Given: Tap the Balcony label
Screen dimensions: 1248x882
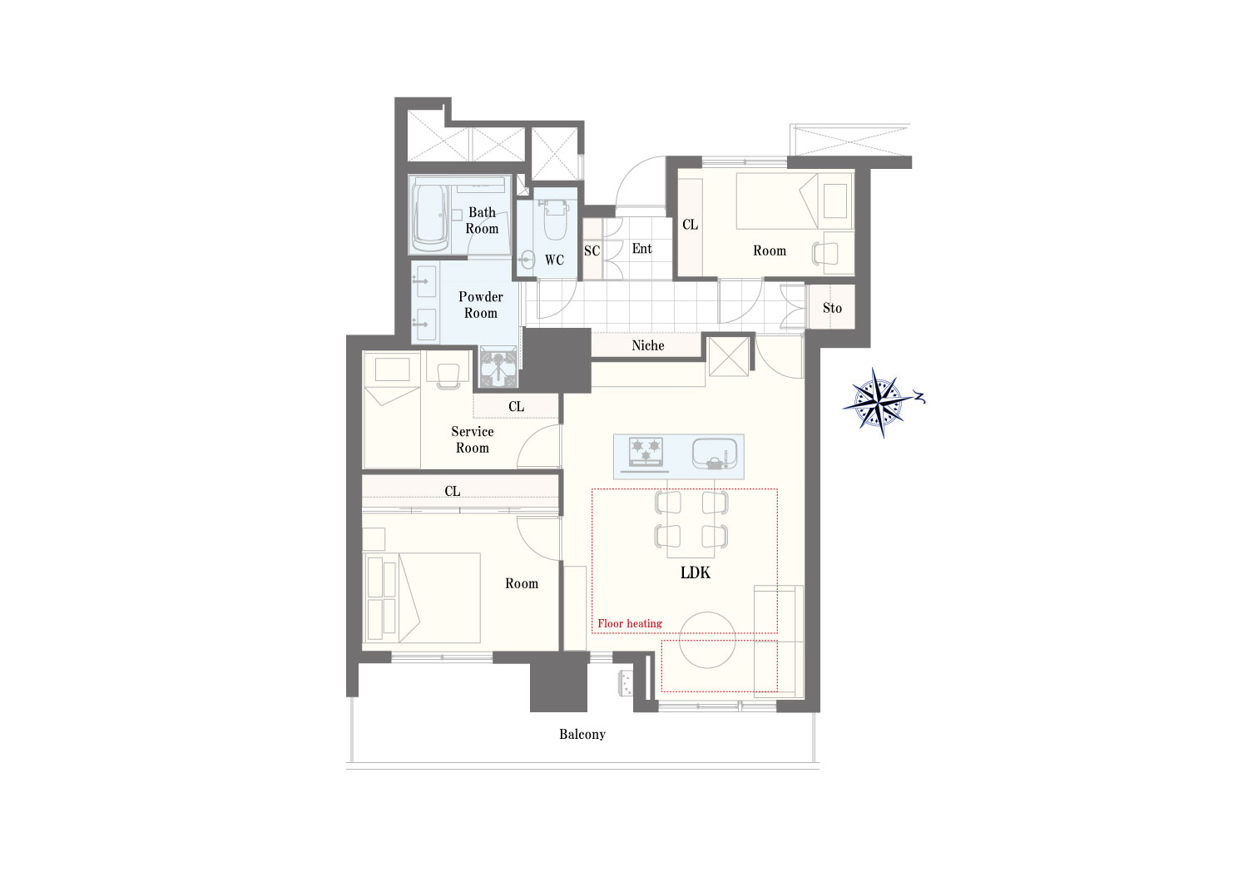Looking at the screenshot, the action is click(x=582, y=735).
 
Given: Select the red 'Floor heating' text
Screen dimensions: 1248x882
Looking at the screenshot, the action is click(x=630, y=623).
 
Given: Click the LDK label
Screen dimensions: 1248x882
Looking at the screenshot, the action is click(x=696, y=572).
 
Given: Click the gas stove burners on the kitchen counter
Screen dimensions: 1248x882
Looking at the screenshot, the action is click(x=646, y=451).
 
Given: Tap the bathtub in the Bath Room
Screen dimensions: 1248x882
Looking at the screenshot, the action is click(x=431, y=218).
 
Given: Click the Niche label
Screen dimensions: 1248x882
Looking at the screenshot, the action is click(x=648, y=345).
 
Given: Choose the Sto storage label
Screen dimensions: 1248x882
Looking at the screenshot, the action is click(x=832, y=308).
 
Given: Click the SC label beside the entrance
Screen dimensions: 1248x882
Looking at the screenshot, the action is click(x=592, y=250).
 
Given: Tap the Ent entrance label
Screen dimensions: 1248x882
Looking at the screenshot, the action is click(x=641, y=249).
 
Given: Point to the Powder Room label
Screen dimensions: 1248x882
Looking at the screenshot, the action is click(x=481, y=305).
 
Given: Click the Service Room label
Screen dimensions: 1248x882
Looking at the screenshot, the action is click(x=473, y=439).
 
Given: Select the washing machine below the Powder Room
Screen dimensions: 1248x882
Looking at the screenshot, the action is click(x=498, y=367).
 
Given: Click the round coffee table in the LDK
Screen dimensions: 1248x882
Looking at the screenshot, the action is click(x=707, y=640).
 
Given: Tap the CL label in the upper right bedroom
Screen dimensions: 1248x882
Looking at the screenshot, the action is click(x=690, y=225).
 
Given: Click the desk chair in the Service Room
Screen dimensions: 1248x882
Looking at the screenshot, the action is click(x=448, y=376).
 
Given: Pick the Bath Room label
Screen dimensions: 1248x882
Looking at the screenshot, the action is click(x=482, y=220).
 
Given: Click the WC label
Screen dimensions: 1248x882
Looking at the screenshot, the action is click(x=554, y=260).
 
